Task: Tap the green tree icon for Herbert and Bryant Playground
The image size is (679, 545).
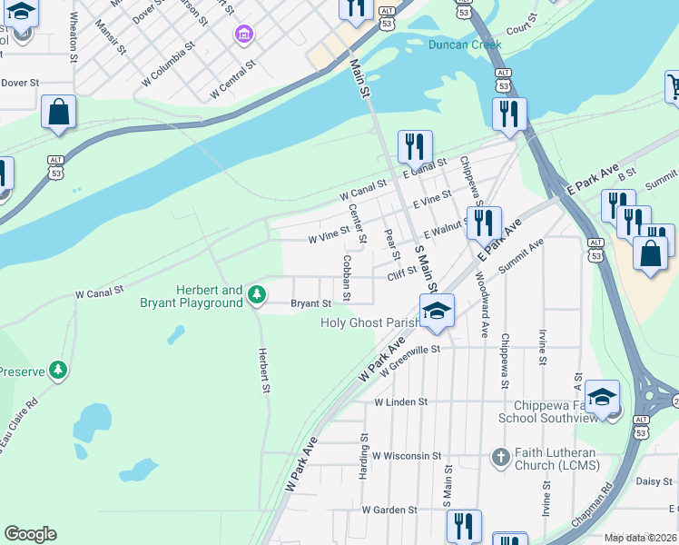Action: point(258,293)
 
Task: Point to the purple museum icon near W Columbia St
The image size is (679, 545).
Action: point(242,35)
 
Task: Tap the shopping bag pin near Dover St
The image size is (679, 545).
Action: point(59,114)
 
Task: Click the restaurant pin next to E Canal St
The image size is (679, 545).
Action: point(415,146)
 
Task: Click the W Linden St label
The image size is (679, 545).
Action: point(400,401)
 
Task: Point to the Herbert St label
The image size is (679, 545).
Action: point(264,372)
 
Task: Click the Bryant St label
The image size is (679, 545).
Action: point(310,304)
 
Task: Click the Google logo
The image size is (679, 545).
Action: point(31,534)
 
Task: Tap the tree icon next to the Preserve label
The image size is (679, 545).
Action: point(59,370)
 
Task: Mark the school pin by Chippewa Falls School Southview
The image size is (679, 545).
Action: point(603,396)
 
